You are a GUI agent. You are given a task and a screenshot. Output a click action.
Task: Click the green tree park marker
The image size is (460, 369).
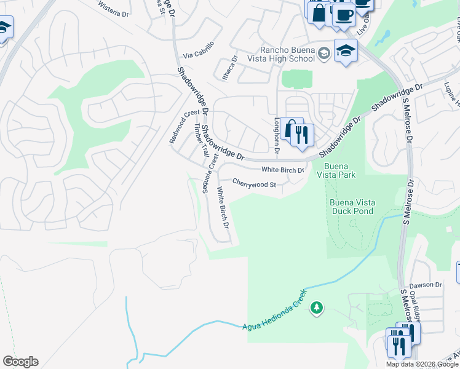(x=317, y=306)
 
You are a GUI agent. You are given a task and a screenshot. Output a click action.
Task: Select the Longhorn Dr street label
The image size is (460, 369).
(x=277, y=135)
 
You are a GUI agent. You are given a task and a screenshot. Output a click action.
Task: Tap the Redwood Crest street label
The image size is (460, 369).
(x=184, y=126)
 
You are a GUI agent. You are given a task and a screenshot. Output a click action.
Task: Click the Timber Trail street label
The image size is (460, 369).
(x=199, y=140)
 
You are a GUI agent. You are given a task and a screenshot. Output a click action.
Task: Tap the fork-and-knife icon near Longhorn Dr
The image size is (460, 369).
(x=302, y=135)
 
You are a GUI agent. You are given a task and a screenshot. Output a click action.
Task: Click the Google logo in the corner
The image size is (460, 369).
(x=20, y=362)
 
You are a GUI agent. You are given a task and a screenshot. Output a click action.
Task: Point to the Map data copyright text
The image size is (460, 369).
(x=422, y=364)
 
